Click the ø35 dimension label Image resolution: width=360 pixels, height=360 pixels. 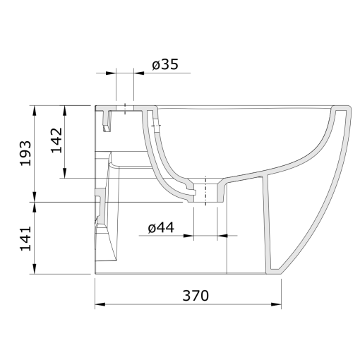point(164,66)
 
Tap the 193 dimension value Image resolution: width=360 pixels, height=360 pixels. point(25,153)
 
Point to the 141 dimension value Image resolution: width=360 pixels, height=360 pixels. point(25,239)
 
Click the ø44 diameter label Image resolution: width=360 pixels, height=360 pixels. point(162,227)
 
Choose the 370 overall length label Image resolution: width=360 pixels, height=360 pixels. point(195,296)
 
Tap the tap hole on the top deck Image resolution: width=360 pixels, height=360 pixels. point(125,109)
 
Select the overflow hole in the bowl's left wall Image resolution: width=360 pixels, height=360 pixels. point(155,127)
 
